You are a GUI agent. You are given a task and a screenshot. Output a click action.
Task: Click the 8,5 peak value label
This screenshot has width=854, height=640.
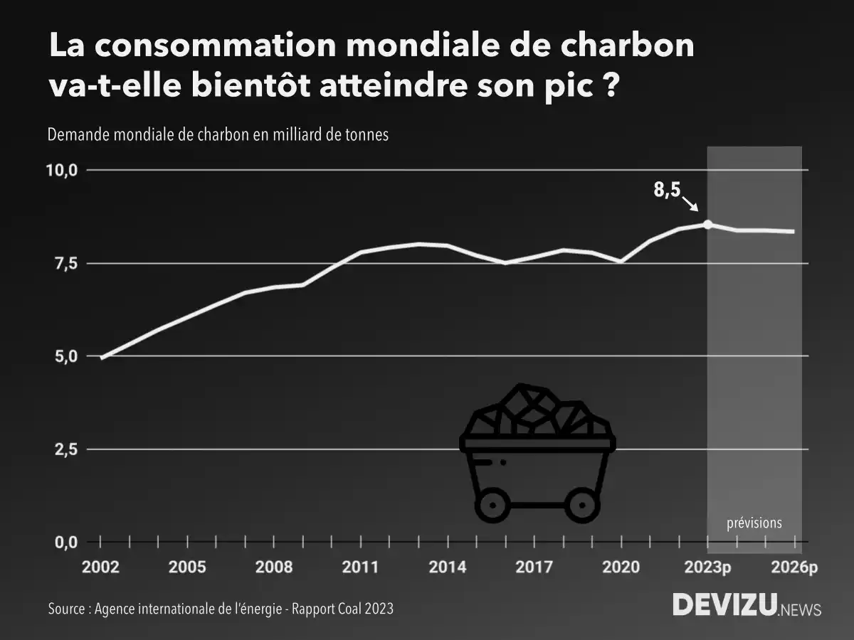666,191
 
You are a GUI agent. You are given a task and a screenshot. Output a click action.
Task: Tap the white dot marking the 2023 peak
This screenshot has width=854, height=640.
707,224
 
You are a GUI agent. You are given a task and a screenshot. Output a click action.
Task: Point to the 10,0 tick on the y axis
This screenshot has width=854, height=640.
62,171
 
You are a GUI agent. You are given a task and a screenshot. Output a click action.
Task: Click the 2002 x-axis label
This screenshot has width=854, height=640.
100,567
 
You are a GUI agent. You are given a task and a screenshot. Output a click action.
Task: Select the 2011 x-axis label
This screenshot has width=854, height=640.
361,567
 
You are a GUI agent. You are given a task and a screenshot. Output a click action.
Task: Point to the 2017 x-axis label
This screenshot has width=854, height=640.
534,567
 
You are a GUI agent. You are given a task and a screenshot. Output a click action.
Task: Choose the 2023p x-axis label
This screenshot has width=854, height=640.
707,567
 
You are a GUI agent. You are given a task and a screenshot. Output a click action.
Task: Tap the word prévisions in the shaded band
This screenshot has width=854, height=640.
754,523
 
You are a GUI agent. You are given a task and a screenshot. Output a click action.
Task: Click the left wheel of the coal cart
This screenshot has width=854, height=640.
492,506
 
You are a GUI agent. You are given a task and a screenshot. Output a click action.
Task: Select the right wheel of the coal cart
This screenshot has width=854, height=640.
583,506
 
